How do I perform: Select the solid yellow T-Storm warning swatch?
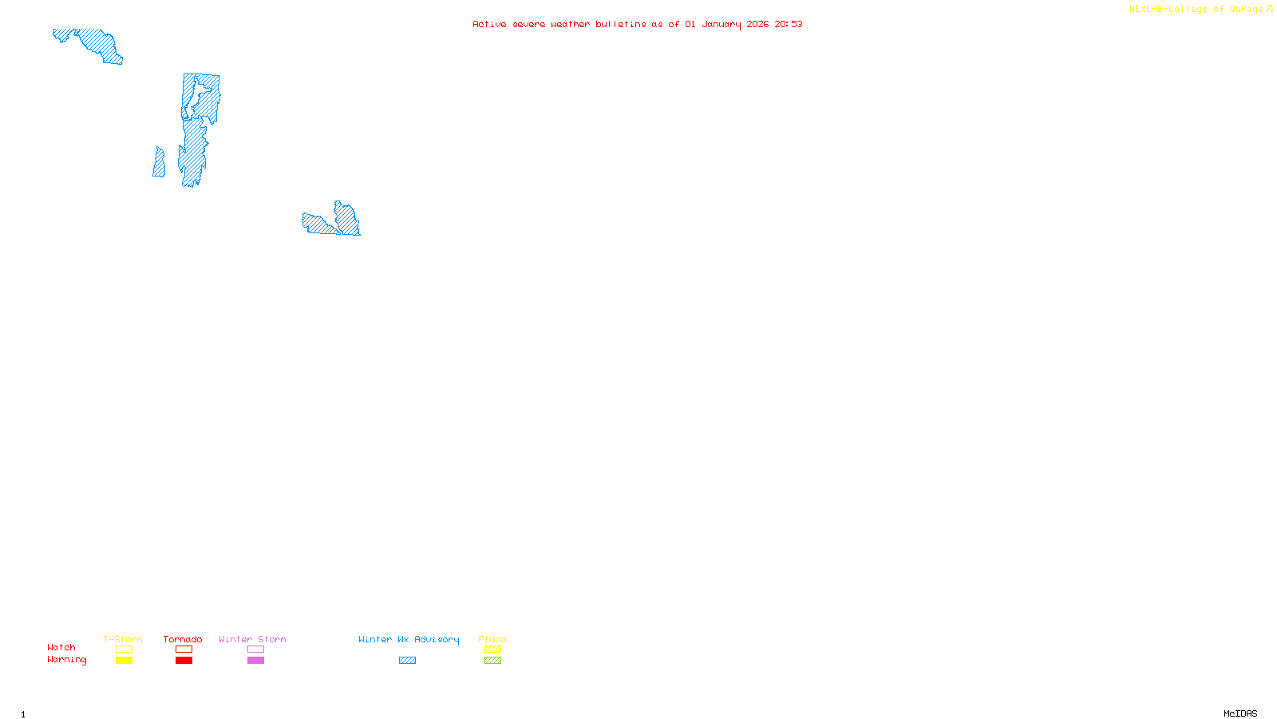pyautogui.click(x=124, y=660)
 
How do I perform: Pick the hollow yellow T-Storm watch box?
pyautogui.click(x=124, y=649)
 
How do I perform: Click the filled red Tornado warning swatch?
pyautogui.click(x=184, y=660)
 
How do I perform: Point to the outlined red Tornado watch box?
pyautogui.click(x=184, y=649)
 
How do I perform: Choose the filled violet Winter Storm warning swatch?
pyautogui.click(x=255, y=660)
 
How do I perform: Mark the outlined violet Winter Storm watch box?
pyautogui.click(x=255, y=649)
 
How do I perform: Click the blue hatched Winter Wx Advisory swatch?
pyautogui.click(x=407, y=660)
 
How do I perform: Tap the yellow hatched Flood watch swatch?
pyautogui.click(x=492, y=649)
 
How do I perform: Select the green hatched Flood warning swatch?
pyautogui.click(x=492, y=660)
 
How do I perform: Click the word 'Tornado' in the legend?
pyautogui.click(x=183, y=639)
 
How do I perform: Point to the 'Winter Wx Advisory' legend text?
pyautogui.click(x=409, y=639)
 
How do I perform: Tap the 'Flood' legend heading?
pyautogui.click(x=492, y=639)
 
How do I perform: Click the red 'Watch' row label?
pyautogui.click(x=61, y=647)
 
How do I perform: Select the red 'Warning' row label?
pyautogui.click(x=66, y=660)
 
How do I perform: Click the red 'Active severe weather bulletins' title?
pyautogui.click(x=637, y=24)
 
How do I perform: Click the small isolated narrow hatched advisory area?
pyautogui.click(x=159, y=162)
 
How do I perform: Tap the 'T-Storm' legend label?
pyautogui.click(x=123, y=639)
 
